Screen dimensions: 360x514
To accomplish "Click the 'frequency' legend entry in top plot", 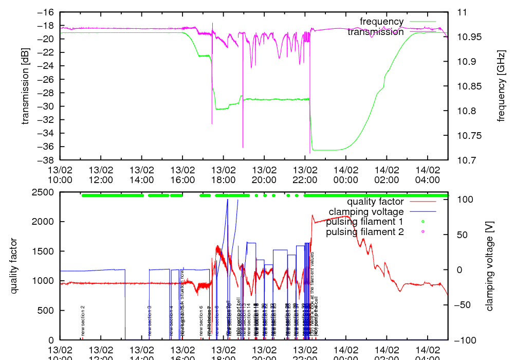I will (x=381, y=22).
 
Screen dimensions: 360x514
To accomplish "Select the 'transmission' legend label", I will (x=375, y=32).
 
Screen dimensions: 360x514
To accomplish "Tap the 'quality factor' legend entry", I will (x=375, y=202).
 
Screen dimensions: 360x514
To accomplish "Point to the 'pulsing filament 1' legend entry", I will (x=364, y=222).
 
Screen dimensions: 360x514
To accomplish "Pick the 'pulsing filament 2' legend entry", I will (x=364, y=232).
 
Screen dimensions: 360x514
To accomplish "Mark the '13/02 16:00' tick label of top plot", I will (x=182, y=174).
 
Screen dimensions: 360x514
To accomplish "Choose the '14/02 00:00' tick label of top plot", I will (x=345, y=174).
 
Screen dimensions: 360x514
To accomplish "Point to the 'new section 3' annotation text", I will (x=150, y=320).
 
